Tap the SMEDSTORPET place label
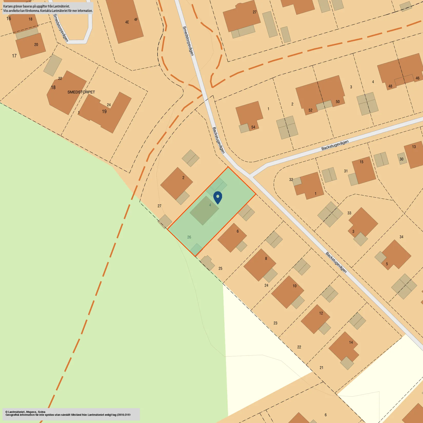[81, 92]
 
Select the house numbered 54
[249, 115]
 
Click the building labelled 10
[287, 291]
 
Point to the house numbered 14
[344, 346]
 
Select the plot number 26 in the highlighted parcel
[189, 237]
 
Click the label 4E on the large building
[127, 22]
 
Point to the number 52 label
[310, 110]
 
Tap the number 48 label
[390, 86]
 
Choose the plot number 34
[401, 237]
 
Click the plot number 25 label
[220, 268]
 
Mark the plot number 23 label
[275, 323]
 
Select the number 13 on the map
[414, 147]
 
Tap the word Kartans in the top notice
[8, 6]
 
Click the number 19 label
[104, 112]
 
